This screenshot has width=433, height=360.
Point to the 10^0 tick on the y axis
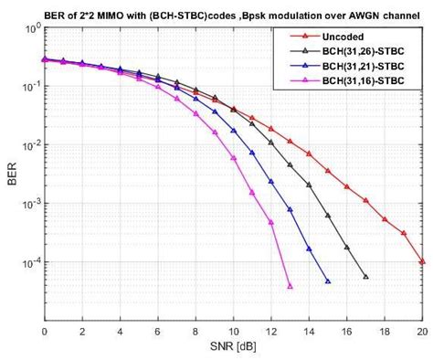pos(28,30)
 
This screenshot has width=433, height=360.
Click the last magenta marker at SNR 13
pos(290,286)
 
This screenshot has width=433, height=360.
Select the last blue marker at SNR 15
pos(327,281)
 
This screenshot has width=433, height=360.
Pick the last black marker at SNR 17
pos(365,276)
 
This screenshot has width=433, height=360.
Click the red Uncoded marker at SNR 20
pos(422,261)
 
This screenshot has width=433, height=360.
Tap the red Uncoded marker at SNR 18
pos(385,219)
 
